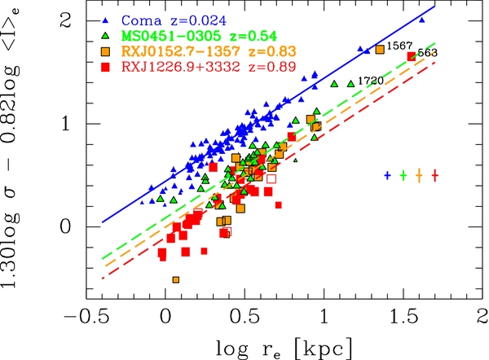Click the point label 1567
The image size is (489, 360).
click(x=397, y=46)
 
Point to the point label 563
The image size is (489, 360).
click(x=426, y=54)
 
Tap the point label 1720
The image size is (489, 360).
click(x=371, y=81)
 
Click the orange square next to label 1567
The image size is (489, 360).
click(x=380, y=50)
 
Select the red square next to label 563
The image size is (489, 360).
click(x=411, y=55)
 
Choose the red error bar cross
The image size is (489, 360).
click(x=435, y=175)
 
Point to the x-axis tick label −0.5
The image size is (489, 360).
click(x=86, y=316)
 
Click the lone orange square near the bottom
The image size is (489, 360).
click(x=176, y=280)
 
